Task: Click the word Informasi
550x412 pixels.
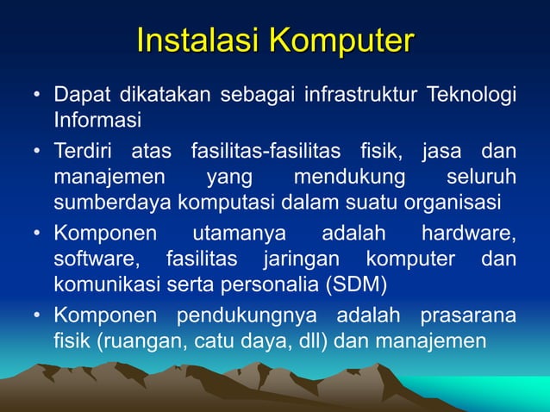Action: pos(97,116)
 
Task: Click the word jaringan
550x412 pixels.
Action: pos(303,259)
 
